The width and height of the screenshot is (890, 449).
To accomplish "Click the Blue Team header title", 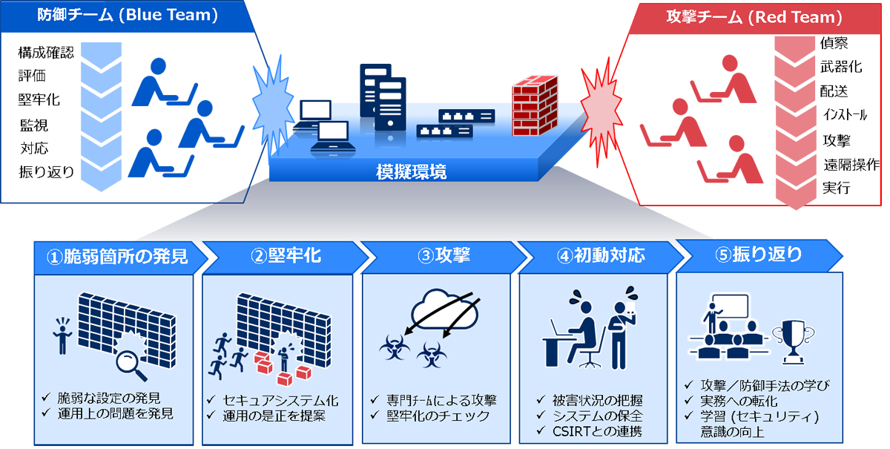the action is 128,15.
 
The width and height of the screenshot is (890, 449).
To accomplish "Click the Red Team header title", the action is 754,17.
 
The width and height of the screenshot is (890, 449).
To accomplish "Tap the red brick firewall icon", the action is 535,106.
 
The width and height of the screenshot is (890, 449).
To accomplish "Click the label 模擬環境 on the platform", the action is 411,171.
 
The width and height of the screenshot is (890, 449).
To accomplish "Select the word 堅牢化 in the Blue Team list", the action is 39,99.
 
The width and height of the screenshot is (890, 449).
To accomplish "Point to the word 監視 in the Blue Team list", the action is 34,125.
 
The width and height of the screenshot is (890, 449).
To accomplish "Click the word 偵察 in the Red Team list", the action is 834,43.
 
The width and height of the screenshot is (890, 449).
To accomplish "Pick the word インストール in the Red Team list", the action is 845,115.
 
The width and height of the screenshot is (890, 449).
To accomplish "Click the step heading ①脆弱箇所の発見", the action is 117,257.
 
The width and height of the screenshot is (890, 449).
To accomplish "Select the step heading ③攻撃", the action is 444,255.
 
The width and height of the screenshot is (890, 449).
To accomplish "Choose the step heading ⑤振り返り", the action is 759,255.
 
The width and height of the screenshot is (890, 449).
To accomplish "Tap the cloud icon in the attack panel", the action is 444,310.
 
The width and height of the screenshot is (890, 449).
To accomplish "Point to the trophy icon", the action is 793,342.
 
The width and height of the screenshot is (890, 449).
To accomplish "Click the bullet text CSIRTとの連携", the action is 597,431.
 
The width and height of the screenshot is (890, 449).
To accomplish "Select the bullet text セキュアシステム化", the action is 280,401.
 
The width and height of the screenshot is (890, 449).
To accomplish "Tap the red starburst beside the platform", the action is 601,112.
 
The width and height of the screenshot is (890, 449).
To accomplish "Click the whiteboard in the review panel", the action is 731,306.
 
